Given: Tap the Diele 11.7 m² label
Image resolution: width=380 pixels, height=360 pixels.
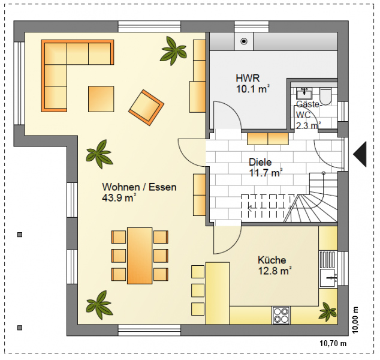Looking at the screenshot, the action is pos(266,167).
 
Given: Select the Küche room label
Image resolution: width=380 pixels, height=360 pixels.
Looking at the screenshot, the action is pos(272,260).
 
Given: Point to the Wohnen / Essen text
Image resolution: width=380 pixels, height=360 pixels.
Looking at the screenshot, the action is pos(139,187).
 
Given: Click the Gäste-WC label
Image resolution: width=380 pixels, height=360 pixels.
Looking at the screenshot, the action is pos(308,110).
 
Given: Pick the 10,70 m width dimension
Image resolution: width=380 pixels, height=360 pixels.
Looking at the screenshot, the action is pos(333,343).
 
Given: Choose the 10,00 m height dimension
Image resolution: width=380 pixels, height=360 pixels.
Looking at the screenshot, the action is pos(355,320).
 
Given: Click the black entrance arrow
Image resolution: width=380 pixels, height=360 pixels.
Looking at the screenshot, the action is pos(360,154).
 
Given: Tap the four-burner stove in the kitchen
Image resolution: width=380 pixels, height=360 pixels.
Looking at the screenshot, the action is pos(281,315).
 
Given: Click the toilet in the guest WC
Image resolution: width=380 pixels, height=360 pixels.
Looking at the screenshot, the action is pos(325,96).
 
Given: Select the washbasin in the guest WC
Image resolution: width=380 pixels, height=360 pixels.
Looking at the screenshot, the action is pos(304,93).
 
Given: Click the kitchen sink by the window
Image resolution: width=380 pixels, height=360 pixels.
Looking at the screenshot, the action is pos(328,278).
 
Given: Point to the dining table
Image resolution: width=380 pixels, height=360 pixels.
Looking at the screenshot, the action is pos(140,256).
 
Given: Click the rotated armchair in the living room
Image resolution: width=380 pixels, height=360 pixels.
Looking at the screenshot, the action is pos(146,107).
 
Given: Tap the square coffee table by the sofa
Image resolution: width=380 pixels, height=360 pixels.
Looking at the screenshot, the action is pos(101,99).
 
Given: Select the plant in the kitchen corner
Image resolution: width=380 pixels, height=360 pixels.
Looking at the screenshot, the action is pos(327,311).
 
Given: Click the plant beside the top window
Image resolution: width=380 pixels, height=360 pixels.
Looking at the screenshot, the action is pos(173,50).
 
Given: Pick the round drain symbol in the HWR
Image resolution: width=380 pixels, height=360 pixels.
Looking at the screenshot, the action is pos(244,41).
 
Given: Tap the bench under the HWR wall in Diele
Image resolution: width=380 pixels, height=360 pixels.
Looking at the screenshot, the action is pos(268,139).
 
